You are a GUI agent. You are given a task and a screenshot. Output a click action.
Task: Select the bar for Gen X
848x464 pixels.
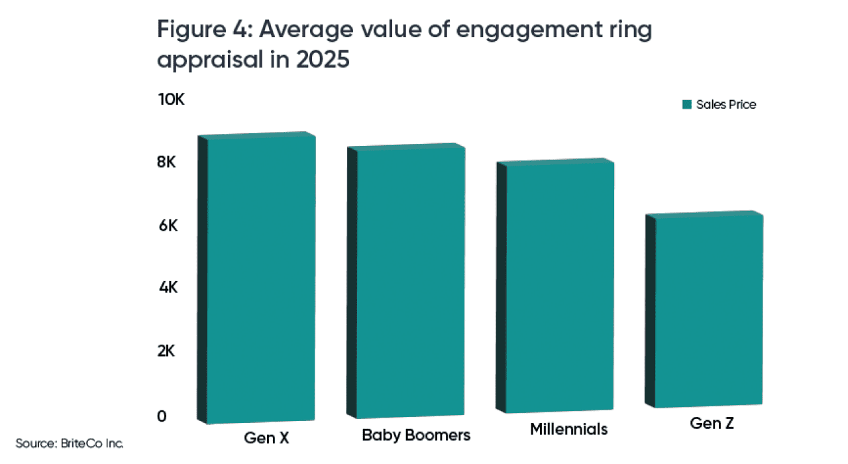(261, 278)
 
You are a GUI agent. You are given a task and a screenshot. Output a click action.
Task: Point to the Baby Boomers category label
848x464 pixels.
(416, 435)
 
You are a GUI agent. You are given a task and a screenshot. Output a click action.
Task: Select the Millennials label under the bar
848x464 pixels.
(568, 429)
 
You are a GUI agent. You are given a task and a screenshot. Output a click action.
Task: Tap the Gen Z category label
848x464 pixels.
(712, 423)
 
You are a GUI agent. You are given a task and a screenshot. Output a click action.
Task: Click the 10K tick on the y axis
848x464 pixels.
(171, 100)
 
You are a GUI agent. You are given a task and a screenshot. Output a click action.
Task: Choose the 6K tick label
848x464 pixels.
(167, 226)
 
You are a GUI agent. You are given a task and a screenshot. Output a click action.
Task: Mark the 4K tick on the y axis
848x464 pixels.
(167, 288)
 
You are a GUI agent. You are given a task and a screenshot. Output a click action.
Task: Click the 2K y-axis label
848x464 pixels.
(167, 351)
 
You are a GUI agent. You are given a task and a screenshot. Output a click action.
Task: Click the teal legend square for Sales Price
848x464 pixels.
(687, 105)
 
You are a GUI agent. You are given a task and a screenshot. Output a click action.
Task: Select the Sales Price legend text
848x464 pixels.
(726, 105)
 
